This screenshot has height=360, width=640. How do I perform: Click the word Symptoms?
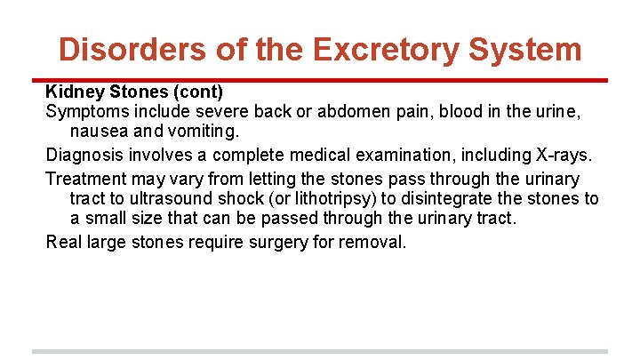point(85,113)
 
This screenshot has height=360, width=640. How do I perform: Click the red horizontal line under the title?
point(320,80)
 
